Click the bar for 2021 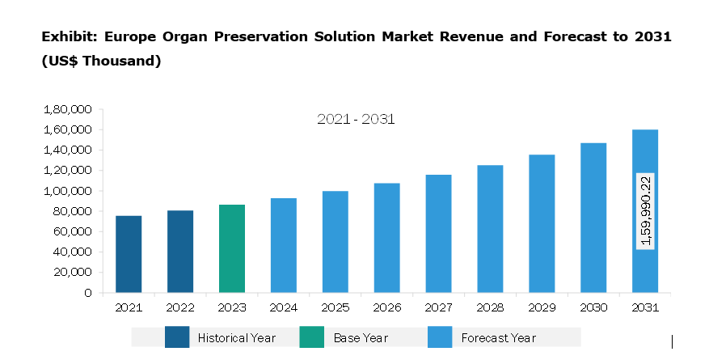pyautogui.click(x=129, y=254)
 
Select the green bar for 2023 pyautogui.click(x=232, y=248)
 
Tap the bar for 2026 pyautogui.click(x=386, y=238)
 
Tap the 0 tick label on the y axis pyautogui.click(x=87, y=293)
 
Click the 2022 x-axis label pyautogui.click(x=180, y=308)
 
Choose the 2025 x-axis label pyautogui.click(x=335, y=308)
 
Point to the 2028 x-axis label pyautogui.click(x=490, y=308)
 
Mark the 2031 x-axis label pyautogui.click(x=645, y=308)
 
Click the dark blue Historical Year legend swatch pyautogui.click(x=176, y=337)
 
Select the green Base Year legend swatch pyautogui.click(x=311, y=337)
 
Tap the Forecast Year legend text pyautogui.click(x=499, y=337)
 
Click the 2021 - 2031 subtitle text pyautogui.click(x=356, y=120)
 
